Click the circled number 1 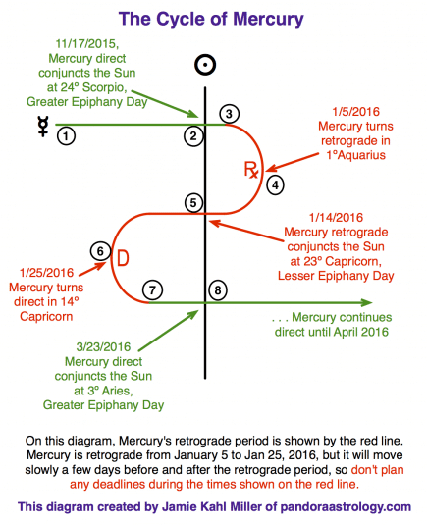point(66,136)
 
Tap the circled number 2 point(193,136)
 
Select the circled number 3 point(229,114)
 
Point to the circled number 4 point(275,185)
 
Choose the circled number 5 point(193,203)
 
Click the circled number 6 point(100,251)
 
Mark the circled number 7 point(152,289)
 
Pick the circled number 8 point(218,289)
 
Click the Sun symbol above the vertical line point(205,65)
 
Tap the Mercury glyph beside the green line point(43,127)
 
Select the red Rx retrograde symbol point(251,169)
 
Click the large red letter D point(123,258)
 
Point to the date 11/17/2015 point(87,43)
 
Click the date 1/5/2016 point(355,112)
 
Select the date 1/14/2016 point(336,217)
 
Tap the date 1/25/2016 point(46,273)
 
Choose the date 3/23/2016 point(103,346)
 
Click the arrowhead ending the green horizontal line point(367,302)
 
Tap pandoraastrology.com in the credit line point(346,507)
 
